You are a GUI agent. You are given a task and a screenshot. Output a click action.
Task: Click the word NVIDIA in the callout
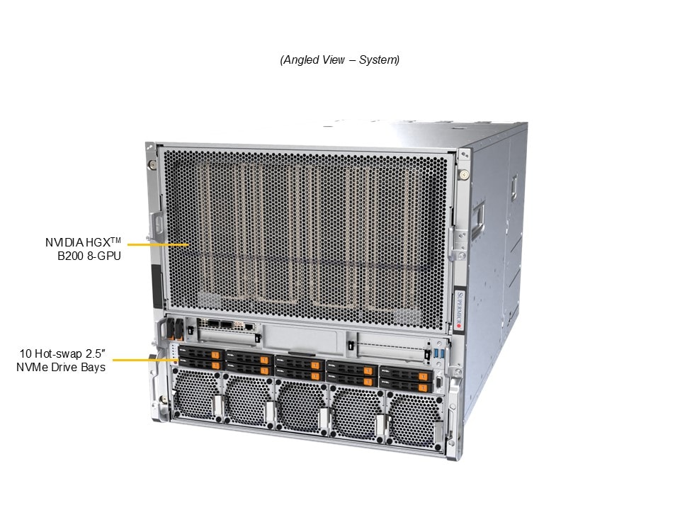point(64,242)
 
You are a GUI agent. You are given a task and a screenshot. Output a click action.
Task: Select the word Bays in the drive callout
point(95,368)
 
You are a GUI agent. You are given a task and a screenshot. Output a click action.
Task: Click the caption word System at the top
point(378,59)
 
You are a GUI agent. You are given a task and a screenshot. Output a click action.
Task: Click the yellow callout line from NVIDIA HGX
point(158,244)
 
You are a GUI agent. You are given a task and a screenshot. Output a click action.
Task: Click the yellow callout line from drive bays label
point(145,360)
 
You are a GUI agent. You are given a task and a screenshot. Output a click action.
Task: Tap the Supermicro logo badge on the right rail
point(460,310)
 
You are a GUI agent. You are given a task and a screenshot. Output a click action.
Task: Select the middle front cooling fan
point(301,405)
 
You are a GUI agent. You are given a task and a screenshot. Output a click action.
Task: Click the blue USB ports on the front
point(439,353)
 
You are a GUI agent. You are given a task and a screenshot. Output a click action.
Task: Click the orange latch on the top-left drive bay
point(215,356)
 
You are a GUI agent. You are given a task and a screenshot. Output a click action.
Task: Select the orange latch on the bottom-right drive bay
point(423,387)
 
